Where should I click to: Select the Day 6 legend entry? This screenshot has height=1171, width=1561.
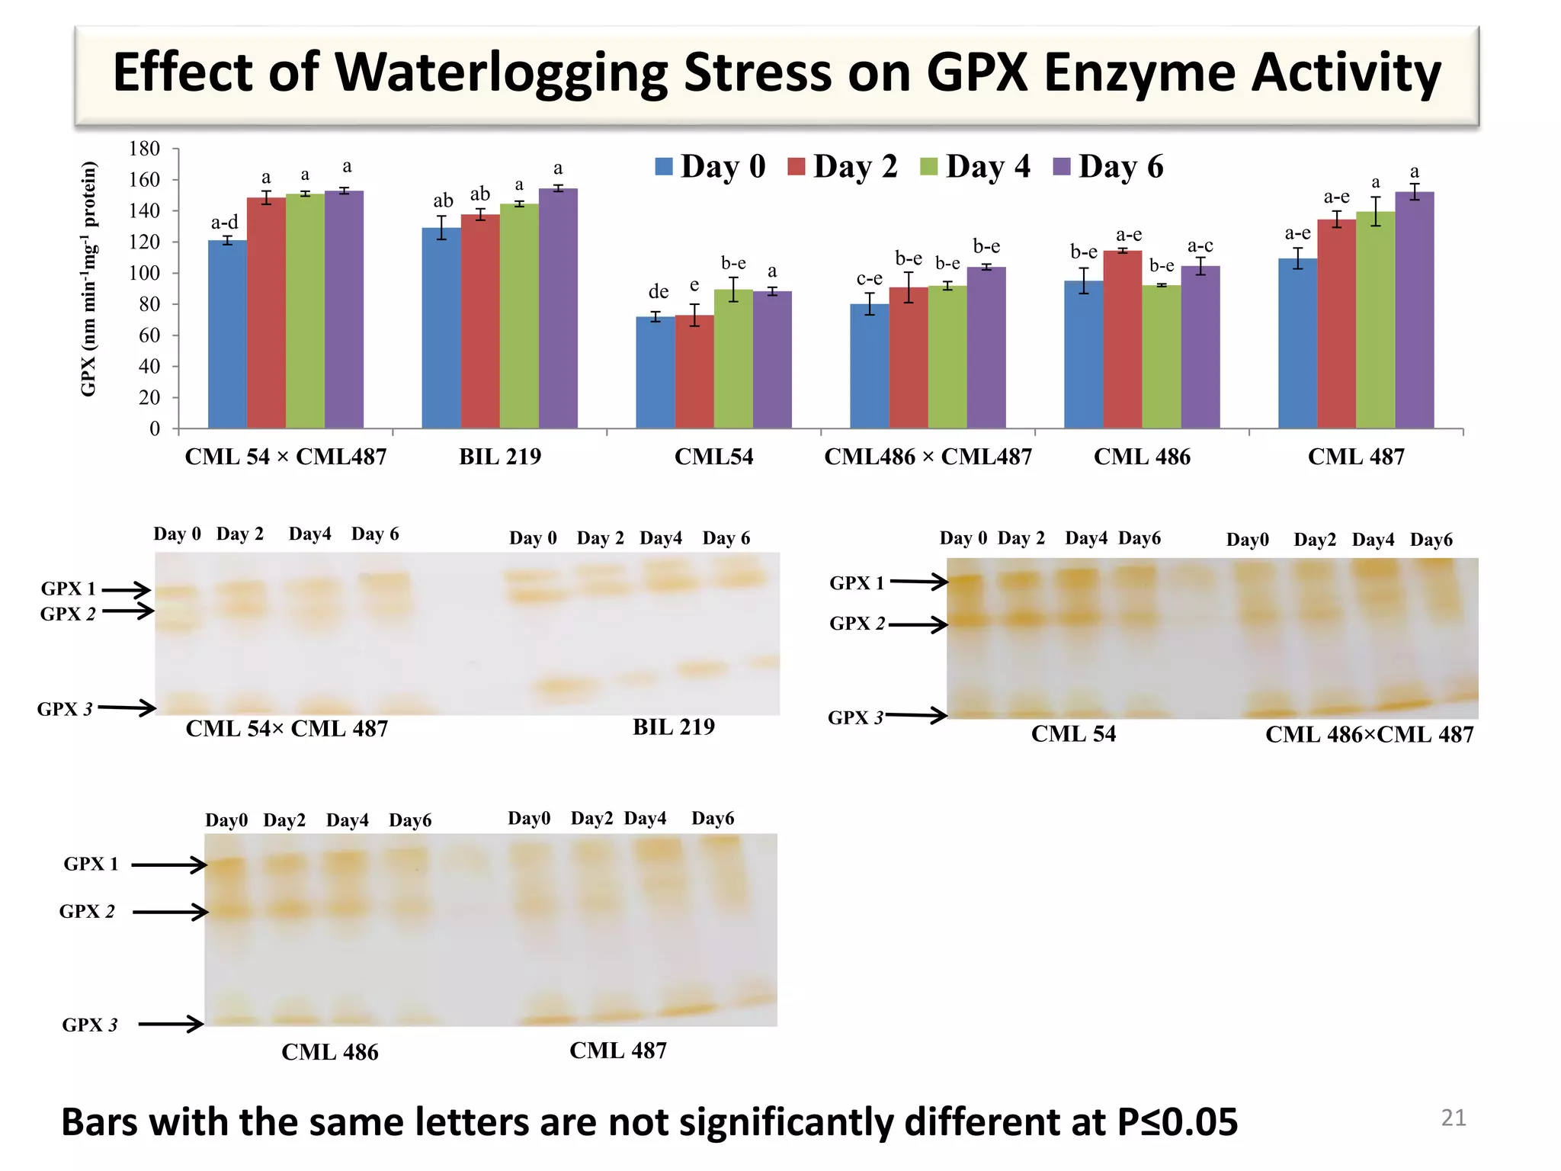1108,166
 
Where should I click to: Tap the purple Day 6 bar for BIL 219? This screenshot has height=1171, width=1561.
558,308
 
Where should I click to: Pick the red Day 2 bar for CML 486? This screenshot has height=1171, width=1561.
1123,339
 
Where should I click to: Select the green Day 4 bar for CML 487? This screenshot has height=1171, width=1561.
1375,320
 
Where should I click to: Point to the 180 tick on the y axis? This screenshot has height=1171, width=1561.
145,149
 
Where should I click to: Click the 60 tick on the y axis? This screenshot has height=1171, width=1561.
149,335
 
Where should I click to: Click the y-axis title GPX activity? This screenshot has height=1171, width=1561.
89,279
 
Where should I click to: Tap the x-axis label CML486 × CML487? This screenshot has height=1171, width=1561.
928,457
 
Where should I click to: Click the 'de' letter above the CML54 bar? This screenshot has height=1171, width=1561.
659,292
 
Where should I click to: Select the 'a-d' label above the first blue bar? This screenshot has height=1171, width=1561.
224,223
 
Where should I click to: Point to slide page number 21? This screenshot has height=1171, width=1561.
1453,1118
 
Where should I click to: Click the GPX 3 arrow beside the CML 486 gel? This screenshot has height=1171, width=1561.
171,1023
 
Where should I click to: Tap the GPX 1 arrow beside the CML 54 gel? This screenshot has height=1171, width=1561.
918,582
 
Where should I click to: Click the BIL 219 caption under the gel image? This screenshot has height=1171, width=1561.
674,727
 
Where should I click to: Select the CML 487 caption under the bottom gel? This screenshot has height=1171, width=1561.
617,1051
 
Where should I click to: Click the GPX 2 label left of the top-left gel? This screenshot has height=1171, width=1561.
69,614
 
